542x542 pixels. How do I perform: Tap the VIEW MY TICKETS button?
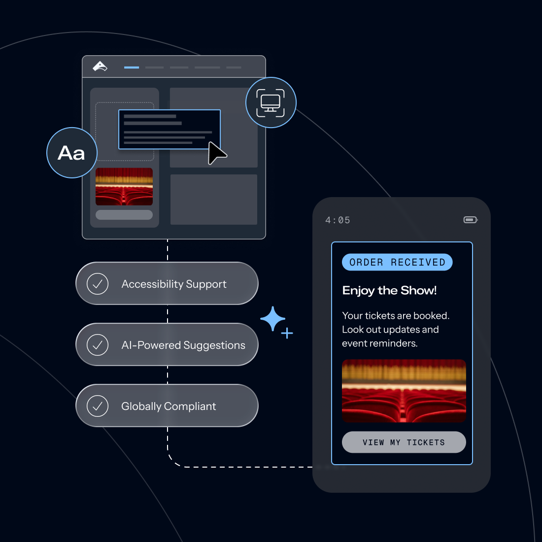404,442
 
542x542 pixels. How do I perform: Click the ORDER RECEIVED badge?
397,262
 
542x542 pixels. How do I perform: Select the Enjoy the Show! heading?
389,290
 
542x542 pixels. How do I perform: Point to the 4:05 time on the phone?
338,220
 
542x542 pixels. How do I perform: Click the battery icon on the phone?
470,220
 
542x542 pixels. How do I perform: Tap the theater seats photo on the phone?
404,391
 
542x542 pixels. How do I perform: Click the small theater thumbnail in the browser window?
124,186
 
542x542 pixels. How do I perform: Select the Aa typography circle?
72,153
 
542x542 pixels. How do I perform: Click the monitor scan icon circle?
271,102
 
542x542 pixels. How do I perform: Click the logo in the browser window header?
100,66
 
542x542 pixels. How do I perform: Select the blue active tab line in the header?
132,68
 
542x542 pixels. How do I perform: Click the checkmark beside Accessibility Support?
98,284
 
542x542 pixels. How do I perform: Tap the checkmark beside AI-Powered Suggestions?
98,345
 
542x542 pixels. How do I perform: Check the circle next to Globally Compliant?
98,406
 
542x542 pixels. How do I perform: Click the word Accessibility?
152,284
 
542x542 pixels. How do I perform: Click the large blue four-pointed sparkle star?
272,319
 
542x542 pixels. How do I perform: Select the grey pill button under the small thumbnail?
124,215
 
